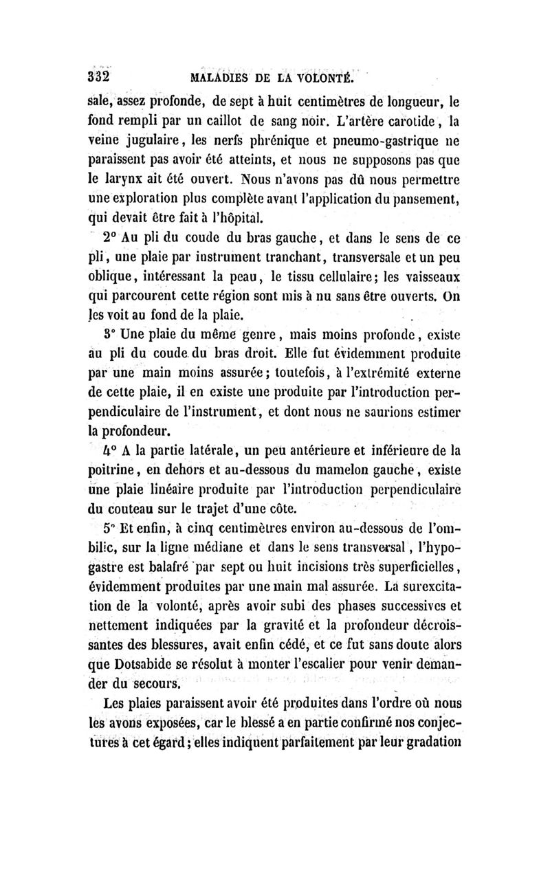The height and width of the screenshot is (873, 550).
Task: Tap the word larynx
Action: tap(129, 183)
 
